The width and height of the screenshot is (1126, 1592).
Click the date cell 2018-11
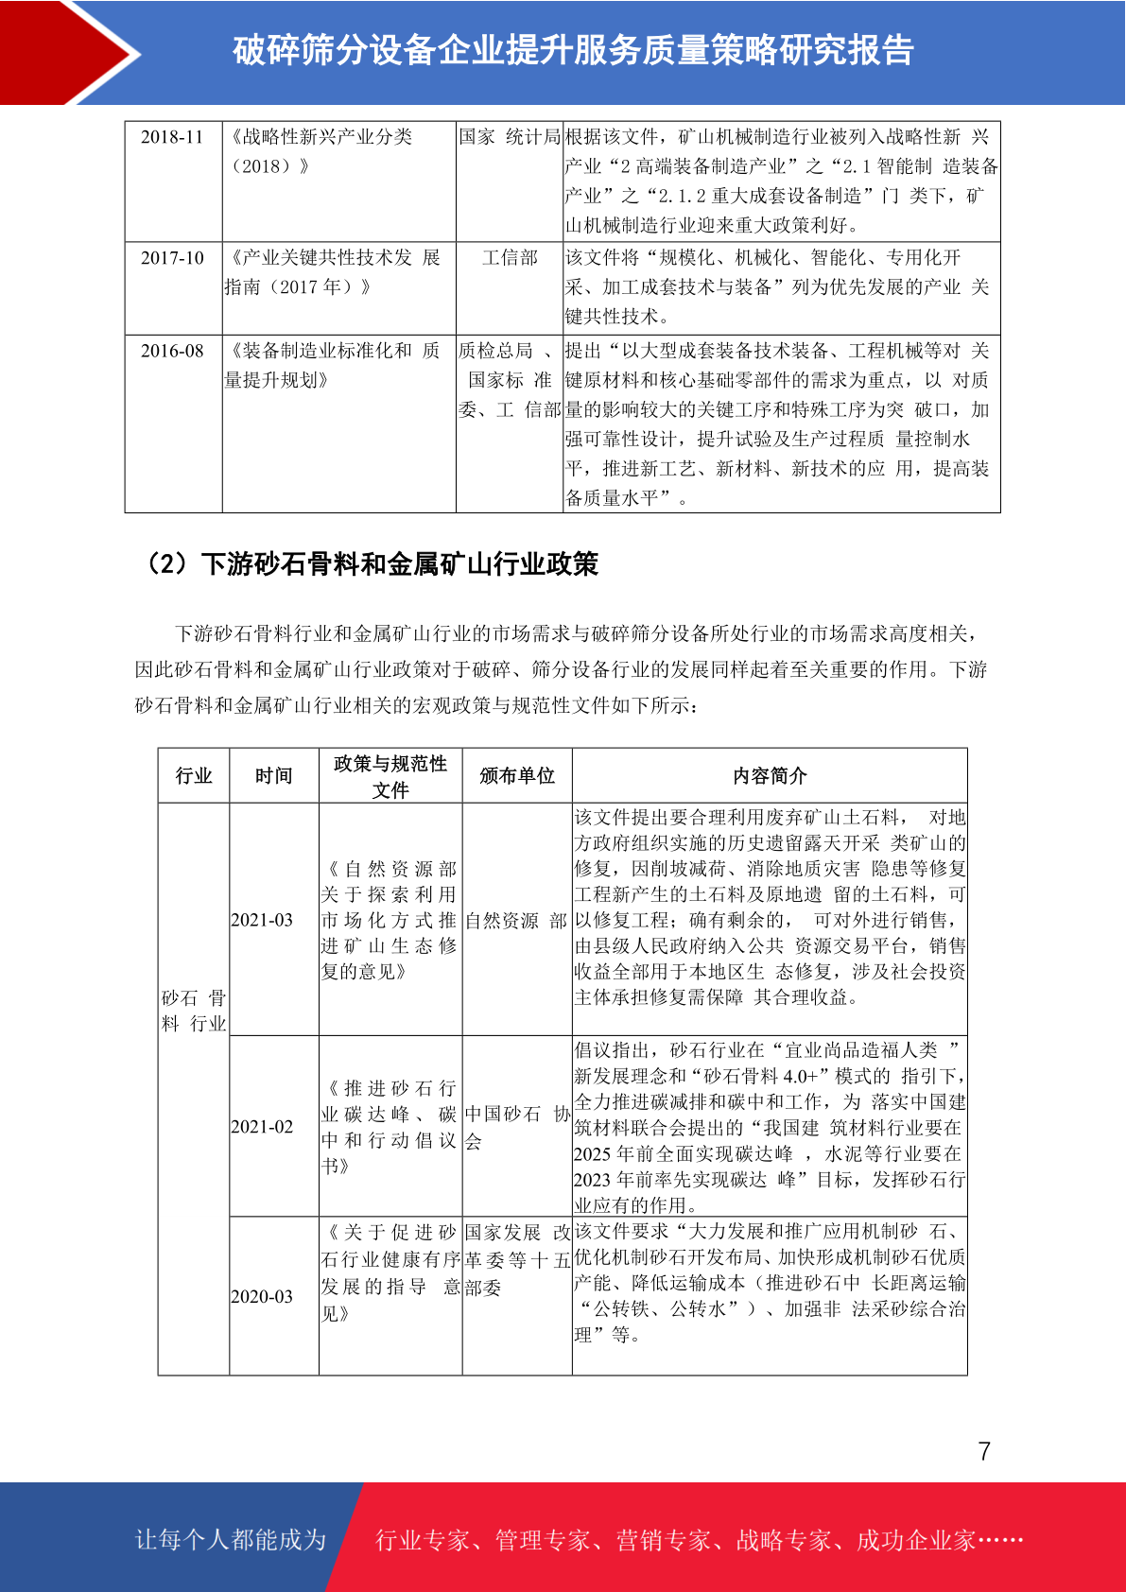point(172,137)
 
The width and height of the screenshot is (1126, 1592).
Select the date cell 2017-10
point(172,258)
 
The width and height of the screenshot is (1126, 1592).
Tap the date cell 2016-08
point(172,351)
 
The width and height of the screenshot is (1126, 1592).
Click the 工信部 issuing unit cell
point(510,258)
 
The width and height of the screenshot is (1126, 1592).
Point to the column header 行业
point(194,776)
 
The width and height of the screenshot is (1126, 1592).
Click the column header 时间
point(273,776)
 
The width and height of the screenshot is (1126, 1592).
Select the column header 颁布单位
point(517,776)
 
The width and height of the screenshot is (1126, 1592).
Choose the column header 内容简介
point(770,776)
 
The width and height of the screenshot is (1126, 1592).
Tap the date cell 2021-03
point(262,920)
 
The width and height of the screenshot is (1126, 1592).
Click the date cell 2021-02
point(262,1127)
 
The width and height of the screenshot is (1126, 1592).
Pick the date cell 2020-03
point(262,1297)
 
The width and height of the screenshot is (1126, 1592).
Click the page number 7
point(984,1452)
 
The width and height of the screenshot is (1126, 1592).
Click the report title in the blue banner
point(573,51)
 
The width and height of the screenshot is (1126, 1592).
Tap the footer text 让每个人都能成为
point(231,1540)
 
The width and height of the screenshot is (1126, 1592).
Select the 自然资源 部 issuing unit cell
point(516,921)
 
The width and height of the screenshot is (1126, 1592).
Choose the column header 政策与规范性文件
point(390,776)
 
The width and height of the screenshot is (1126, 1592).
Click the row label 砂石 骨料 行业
point(194,1011)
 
